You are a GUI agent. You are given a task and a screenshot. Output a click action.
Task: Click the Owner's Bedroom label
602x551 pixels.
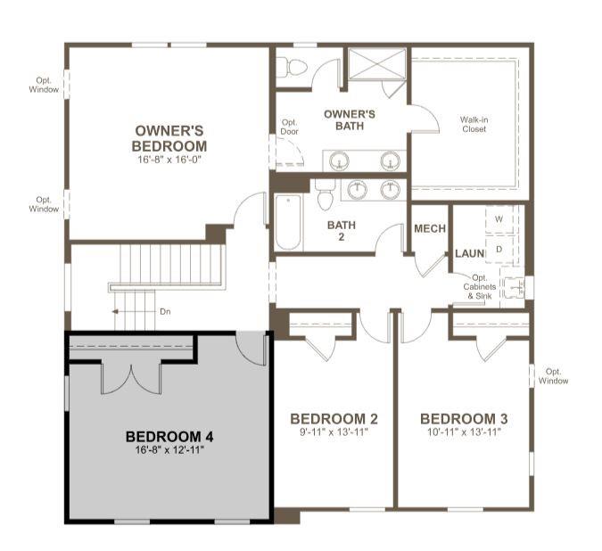(x=169, y=138)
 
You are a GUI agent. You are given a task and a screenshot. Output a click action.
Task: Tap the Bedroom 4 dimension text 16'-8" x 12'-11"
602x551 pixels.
(x=169, y=449)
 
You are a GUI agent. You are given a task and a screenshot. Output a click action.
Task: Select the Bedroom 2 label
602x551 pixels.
(x=334, y=419)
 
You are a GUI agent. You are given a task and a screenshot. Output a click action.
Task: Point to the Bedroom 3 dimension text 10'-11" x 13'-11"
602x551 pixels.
(x=464, y=432)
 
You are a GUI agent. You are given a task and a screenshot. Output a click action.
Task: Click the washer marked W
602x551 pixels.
(x=499, y=219)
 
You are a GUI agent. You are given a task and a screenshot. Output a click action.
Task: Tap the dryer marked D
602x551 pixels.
(x=499, y=250)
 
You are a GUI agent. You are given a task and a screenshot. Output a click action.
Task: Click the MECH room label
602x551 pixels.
(x=430, y=228)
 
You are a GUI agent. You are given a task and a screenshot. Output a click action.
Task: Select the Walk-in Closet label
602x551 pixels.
(x=474, y=124)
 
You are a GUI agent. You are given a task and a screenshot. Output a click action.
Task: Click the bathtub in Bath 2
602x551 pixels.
(x=288, y=222)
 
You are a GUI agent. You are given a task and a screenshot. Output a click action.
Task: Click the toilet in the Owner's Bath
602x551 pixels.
(x=292, y=68)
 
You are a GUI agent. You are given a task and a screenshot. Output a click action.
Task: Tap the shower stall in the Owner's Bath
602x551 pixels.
(x=377, y=64)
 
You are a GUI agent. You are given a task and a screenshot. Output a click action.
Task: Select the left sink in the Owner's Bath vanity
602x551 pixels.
(x=340, y=160)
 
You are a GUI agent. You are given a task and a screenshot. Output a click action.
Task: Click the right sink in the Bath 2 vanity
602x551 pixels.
(x=391, y=190)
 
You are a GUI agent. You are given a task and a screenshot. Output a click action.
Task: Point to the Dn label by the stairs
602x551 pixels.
(x=165, y=311)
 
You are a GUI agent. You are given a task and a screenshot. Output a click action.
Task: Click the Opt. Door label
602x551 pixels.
(x=290, y=127)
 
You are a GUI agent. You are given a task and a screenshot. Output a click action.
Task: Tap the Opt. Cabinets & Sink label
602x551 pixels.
(x=480, y=286)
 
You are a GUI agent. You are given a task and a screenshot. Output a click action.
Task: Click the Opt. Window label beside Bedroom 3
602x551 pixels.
(x=553, y=376)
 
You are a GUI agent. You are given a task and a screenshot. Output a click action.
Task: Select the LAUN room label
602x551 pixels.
(x=469, y=253)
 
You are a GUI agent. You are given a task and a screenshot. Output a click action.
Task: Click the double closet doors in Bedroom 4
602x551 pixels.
(x=131, y=380)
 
